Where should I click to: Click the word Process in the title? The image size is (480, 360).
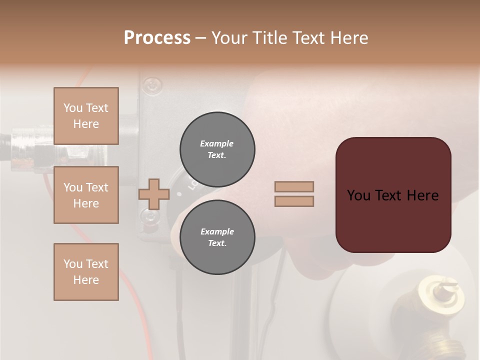(x=157, y=37)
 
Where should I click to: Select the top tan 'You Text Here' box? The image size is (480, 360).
(x=86, y=116)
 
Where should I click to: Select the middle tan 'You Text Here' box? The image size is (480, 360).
(x=86, y=195)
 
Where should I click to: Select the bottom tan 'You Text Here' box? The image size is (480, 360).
(x=86, y=272)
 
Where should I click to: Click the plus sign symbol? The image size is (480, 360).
(x=153, y=194)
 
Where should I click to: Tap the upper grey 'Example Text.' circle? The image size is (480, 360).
(x=217, y=149)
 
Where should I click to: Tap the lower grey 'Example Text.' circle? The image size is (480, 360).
(x=217, y=237)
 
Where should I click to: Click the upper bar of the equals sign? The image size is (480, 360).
(x=294, y=186)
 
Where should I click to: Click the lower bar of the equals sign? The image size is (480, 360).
(x=294, y=201)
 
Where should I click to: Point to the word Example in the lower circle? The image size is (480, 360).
(x=217, y=231)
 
